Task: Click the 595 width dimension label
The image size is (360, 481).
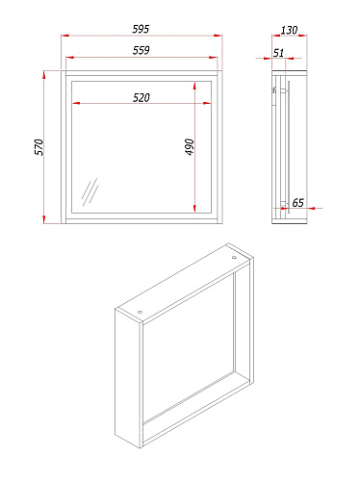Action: (x=141, y=29)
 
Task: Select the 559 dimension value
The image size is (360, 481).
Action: (x=141, y=50)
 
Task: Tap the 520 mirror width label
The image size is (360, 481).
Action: (x=141, y=97)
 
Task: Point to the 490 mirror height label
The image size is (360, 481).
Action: (x=190, y=147)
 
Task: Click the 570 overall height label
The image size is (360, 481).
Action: (x=39, y=147)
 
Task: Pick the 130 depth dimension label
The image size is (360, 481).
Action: (x=289, y=30)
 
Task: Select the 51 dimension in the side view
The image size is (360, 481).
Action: (x=278, y=53)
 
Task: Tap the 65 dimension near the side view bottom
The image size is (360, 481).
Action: (x=297, y=203)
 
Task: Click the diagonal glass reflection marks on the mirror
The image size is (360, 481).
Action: (x=90, y=192)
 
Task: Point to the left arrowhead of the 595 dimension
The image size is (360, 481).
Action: (x=65, y=36)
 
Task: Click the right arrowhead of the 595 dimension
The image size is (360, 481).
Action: (x=219, y=36)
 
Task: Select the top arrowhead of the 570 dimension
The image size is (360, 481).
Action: (x=44, y=75)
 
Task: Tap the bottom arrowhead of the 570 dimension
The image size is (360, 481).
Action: (x=44, y=219)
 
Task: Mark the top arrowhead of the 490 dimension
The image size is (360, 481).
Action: (x=194, y=86)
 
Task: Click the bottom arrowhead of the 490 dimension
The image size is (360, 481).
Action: (x=194, y=209)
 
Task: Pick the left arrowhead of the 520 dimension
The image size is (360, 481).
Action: (x=76, y=103)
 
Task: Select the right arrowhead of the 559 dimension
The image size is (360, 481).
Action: (x=213, y=58)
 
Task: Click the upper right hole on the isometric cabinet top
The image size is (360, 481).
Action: (x=234, y=258)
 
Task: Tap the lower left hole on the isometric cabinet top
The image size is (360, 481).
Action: (x=140, y=312)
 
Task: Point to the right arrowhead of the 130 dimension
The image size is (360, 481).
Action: (x=303, y=36)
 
